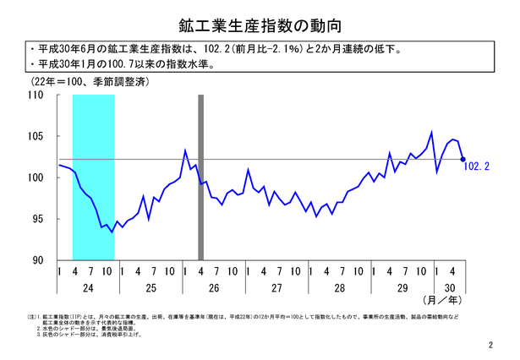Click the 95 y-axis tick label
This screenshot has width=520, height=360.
point(37,219)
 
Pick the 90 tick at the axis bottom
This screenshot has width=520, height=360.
point(37,259)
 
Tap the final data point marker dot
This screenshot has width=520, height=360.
point(463,158)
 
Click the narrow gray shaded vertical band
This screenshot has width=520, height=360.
point(201,177)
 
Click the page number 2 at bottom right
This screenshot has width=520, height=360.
point(490,346)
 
